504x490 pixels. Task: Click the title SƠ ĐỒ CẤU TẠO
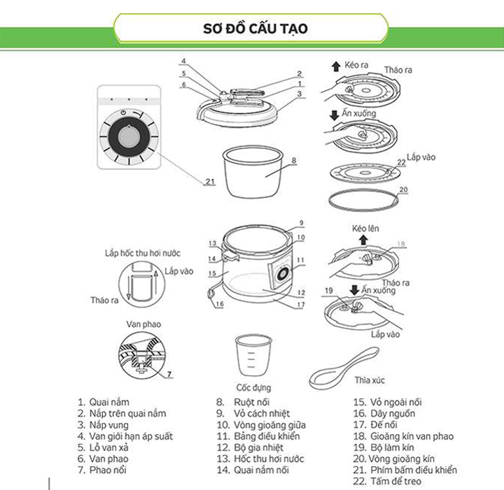[255, 29]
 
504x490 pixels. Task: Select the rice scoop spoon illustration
[344, 368]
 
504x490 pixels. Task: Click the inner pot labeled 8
[253, 172]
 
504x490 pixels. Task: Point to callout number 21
[210, 182]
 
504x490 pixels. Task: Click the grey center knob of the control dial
[129, 137]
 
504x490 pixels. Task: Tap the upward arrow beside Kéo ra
[336, 66]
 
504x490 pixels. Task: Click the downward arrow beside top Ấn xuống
[335, 115]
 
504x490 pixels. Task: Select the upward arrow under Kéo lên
[363, 240]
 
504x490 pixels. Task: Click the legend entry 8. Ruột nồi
[243, 402]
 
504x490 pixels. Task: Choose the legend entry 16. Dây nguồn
[384, 413]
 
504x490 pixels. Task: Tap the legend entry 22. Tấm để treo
[387, 482]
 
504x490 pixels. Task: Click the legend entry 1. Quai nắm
[103, 402]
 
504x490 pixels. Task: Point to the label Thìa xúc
[370, 380]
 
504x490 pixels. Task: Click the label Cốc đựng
[253, 388]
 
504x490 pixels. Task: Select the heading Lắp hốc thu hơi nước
[142, 253]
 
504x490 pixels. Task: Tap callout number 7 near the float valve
[169, 374]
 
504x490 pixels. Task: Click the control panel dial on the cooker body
[282, 274]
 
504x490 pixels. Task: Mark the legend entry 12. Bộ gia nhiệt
[250, 447]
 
